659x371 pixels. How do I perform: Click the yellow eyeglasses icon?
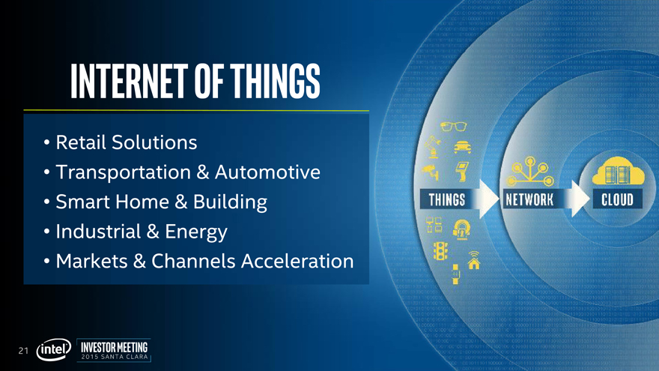(x=454, y=126)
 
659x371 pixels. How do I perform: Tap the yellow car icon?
(x=462, y=147)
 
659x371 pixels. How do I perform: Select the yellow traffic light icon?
(x=440, y=250)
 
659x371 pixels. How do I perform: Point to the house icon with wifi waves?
(x=473, y=260)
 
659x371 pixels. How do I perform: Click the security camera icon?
(x=431, y=171)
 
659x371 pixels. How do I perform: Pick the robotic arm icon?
(x=432, y=147)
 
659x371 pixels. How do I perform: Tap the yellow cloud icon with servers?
(x=618, y=171)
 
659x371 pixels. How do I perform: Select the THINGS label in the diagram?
(x=447, y=199)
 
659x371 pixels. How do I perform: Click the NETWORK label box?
(x=529, y=199)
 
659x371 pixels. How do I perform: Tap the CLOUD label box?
(x=617, y=199)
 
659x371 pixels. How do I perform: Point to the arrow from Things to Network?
(x=488, y=199)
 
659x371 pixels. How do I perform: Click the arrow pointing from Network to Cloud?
(x=577, y=199)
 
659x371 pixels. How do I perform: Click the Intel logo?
(x=54, y=349)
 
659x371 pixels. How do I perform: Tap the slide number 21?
(x=23, y=351)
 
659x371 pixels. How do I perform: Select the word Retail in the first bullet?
(x=80, y=142)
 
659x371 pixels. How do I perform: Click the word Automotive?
(x=268, y=172)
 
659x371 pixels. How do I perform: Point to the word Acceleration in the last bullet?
(x=297, y=262)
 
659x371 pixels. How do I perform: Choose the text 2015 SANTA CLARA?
(x=115, y=357)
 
